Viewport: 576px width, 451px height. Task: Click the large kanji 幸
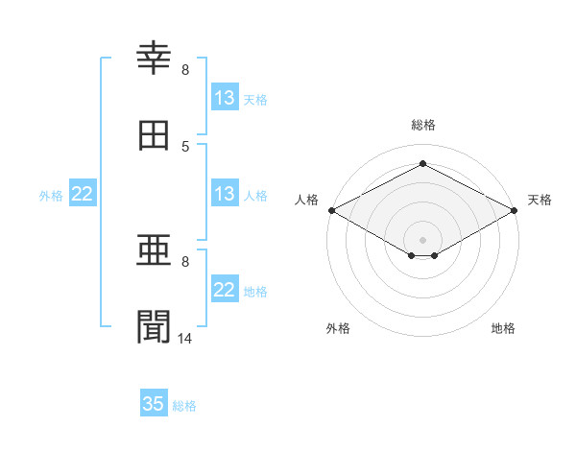tap(154, 58)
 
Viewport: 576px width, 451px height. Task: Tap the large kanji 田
tap(154, 135)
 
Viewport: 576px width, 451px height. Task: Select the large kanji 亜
tap(154, 249)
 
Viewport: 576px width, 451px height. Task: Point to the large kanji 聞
tap(154, 326)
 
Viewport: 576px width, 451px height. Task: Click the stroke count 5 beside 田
tap(185, 147)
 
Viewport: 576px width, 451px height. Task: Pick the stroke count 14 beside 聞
tap(184, 339)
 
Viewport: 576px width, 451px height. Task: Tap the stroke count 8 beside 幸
tap(185, 70)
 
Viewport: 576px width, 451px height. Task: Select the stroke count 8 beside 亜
tap(185, 262)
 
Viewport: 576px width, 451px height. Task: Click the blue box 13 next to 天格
tap(225, 97)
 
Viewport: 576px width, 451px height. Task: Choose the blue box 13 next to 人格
tap(225, 193)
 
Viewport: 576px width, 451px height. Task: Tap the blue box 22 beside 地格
tap(225, 288)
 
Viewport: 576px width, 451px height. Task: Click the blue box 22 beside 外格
tap(83, 193)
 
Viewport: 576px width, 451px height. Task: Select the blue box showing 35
tap(154, 402)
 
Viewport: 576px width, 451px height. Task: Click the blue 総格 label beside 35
tap(184, 406)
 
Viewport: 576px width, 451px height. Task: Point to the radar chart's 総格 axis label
tap(422, 125)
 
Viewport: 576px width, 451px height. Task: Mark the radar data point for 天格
tap(514, 210)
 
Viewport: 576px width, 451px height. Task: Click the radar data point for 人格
tap(332, 210)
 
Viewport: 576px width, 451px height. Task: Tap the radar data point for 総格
tap(422, 163)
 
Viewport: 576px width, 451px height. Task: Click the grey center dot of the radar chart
tap(422, 240)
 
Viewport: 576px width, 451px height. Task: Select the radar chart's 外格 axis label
tap(338, 328)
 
